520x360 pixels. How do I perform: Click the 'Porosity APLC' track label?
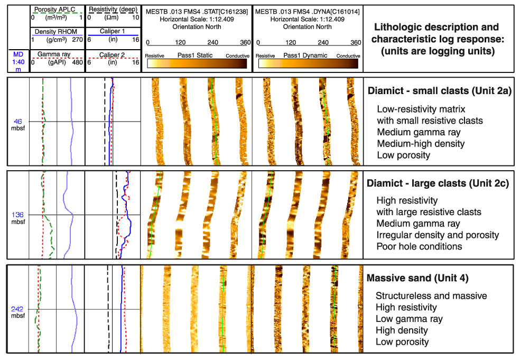point(55,10)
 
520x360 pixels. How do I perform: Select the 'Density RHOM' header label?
point(56,32)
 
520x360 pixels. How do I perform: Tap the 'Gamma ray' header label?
point(53,54)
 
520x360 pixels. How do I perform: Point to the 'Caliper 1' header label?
point(113,31)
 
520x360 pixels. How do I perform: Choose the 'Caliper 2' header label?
point(112,55)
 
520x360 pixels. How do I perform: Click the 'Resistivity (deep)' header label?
point(113,10)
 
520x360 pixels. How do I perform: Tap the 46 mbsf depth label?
point(18,125)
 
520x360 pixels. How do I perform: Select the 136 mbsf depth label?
point(18,218)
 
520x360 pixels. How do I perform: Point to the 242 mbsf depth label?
point(17,312)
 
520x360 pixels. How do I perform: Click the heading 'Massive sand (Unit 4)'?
point(417,278)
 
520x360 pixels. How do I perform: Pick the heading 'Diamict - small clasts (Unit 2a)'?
point(440,90)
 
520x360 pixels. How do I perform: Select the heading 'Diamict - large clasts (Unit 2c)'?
point(438,183)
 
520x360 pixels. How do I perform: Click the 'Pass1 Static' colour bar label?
point(195,55)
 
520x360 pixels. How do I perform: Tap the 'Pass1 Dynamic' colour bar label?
point(305,56)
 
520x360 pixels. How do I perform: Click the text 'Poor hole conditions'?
point(419,246)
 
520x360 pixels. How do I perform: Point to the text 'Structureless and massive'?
point(431,296)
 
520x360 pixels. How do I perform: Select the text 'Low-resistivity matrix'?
point(421,109)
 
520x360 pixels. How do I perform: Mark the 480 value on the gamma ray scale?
point(77,62)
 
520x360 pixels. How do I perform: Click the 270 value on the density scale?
point(77,40)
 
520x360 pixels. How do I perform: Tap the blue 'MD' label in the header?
point(18,54)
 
